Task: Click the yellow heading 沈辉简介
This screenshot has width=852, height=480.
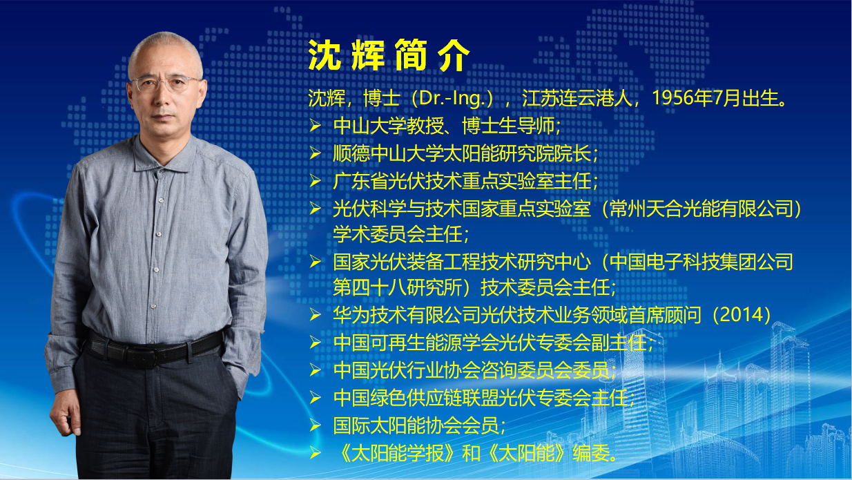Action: click(x=389, y=55)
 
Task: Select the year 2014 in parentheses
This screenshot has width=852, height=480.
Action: click(x=742, y=315)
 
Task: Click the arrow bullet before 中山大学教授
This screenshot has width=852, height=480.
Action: click(x=316, y=125)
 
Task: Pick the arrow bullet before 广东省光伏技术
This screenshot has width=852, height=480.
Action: click(x=316, y=180)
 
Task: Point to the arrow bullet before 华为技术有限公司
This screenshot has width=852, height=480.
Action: click(x=316, y=315)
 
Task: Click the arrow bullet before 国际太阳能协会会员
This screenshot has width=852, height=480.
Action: click(x=316, y=425)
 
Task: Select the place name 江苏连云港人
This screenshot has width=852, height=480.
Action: click(x=577, y=98)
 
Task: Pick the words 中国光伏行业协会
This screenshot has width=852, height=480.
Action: click(x=406, y=370)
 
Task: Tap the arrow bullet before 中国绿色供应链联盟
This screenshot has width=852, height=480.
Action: click(x=316, y=397)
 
